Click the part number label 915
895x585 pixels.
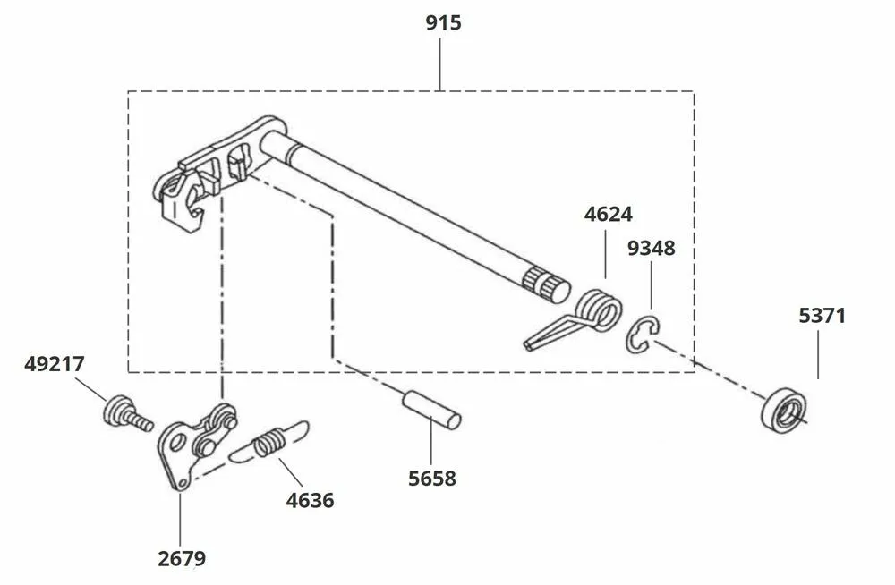(443, 22)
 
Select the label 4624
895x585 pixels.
(608, 215)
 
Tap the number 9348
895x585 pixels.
(651, 248)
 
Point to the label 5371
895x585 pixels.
(822, 316)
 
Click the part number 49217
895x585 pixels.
(55, 364)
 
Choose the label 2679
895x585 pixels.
(182, 559)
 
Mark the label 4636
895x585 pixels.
(310, 500)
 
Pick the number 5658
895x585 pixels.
(431, 479)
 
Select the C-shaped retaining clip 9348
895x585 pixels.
(642, 335)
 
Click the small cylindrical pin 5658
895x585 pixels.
(430, 410)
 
